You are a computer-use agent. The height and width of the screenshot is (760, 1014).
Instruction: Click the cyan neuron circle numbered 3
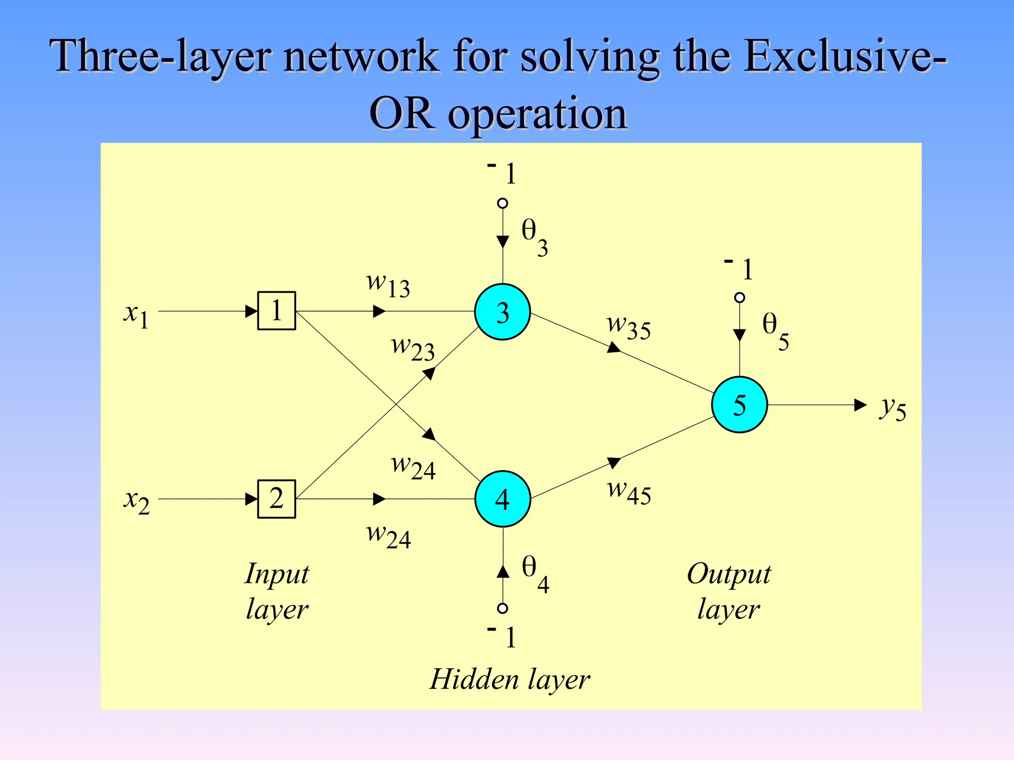[502, 312]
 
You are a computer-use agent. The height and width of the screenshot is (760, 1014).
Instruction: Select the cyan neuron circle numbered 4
[502, 499]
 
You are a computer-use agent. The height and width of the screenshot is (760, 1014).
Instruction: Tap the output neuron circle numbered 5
[739, 405]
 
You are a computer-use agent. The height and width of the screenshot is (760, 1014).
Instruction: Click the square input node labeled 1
[276, 311]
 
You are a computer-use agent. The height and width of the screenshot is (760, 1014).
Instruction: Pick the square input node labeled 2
[276, 499]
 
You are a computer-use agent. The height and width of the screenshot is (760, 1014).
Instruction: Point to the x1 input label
[136, 315]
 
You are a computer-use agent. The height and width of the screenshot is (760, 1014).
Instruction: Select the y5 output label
[893, 409]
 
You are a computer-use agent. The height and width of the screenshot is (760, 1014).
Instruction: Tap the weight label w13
[388, 285]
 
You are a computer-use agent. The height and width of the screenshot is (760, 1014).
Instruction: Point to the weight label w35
[628, 327]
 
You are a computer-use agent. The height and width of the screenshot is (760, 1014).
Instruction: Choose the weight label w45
[629, 492]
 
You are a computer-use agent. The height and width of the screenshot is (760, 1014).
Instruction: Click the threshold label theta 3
[534, 237]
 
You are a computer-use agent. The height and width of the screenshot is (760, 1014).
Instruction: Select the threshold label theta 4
[535, 573]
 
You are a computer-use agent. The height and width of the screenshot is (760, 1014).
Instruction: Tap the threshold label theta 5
[775, 331]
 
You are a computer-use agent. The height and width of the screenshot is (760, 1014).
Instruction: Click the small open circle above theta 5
[739, 297]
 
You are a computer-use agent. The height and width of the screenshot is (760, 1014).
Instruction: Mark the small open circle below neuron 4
[503, 608]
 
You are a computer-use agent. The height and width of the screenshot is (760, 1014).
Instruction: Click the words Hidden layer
[509, 679]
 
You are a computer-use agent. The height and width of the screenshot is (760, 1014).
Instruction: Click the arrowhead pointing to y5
[861, 405]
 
